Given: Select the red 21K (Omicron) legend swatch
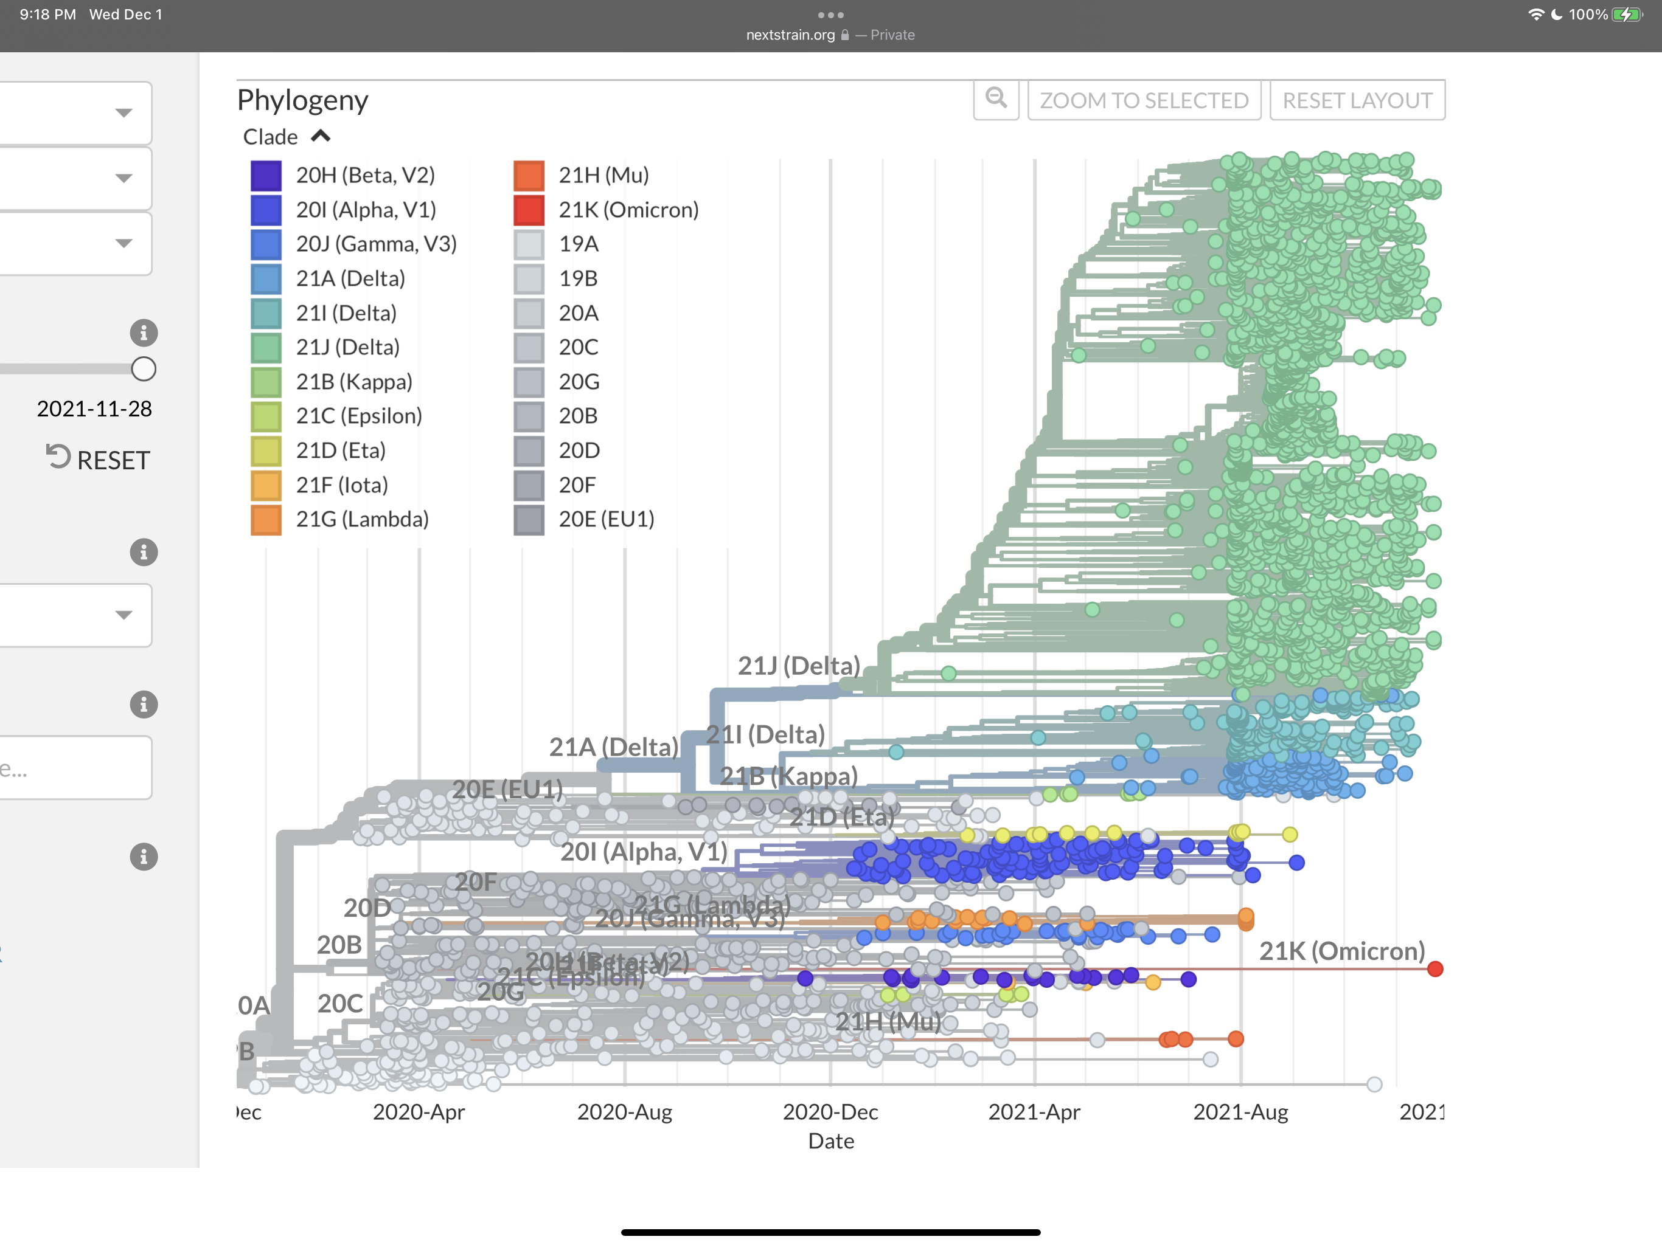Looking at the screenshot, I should [529, 210].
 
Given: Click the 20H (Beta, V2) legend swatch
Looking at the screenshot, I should [266, 176].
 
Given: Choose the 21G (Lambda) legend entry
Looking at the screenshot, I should [362, 520].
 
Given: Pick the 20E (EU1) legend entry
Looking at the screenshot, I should [605, 520].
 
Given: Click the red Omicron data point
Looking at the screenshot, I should [1435, 968].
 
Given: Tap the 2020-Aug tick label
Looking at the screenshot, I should [624, 1112].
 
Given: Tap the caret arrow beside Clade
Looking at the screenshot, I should [321, 137].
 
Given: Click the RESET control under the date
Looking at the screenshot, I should [99, 460].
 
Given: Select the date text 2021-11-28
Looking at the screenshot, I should [95, 409].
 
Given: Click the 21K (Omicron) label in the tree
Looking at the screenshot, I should [1342, 951].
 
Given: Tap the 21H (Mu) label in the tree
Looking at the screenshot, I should [888, 1022].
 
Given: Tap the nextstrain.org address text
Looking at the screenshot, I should [790, 35].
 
